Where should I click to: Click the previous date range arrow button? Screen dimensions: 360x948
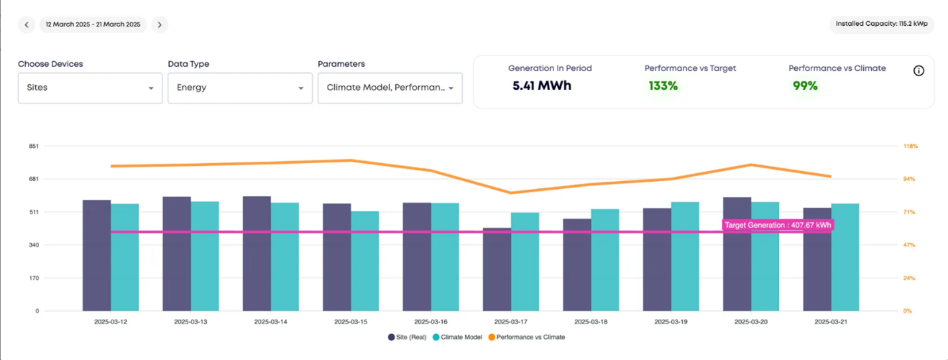(27, 25)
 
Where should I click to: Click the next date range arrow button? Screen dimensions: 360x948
(159, 25)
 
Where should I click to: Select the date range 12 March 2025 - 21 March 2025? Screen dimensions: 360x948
(93, 25)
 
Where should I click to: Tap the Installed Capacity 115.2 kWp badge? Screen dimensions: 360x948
(881, 24)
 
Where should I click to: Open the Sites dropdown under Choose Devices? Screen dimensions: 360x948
(90, 88)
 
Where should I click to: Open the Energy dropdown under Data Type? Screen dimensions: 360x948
(240, 88)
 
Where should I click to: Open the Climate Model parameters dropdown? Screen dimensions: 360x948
(390, 88)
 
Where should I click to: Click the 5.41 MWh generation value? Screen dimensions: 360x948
(542, 86)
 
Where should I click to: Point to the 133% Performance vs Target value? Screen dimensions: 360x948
(663, 86)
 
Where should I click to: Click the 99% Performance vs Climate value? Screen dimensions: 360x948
(805, 86)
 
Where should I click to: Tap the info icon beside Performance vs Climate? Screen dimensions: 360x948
(918, 71)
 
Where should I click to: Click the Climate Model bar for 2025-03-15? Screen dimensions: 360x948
(365, 262)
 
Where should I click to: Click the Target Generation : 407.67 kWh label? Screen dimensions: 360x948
(778, 225)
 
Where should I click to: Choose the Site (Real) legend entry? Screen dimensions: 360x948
(407, 337)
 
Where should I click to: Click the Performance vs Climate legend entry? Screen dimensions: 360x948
(528, 337)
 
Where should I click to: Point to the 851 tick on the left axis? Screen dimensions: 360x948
(34, 146)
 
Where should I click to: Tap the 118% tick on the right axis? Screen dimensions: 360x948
(910, 146)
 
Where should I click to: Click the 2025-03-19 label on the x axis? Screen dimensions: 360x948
(671, 322)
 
